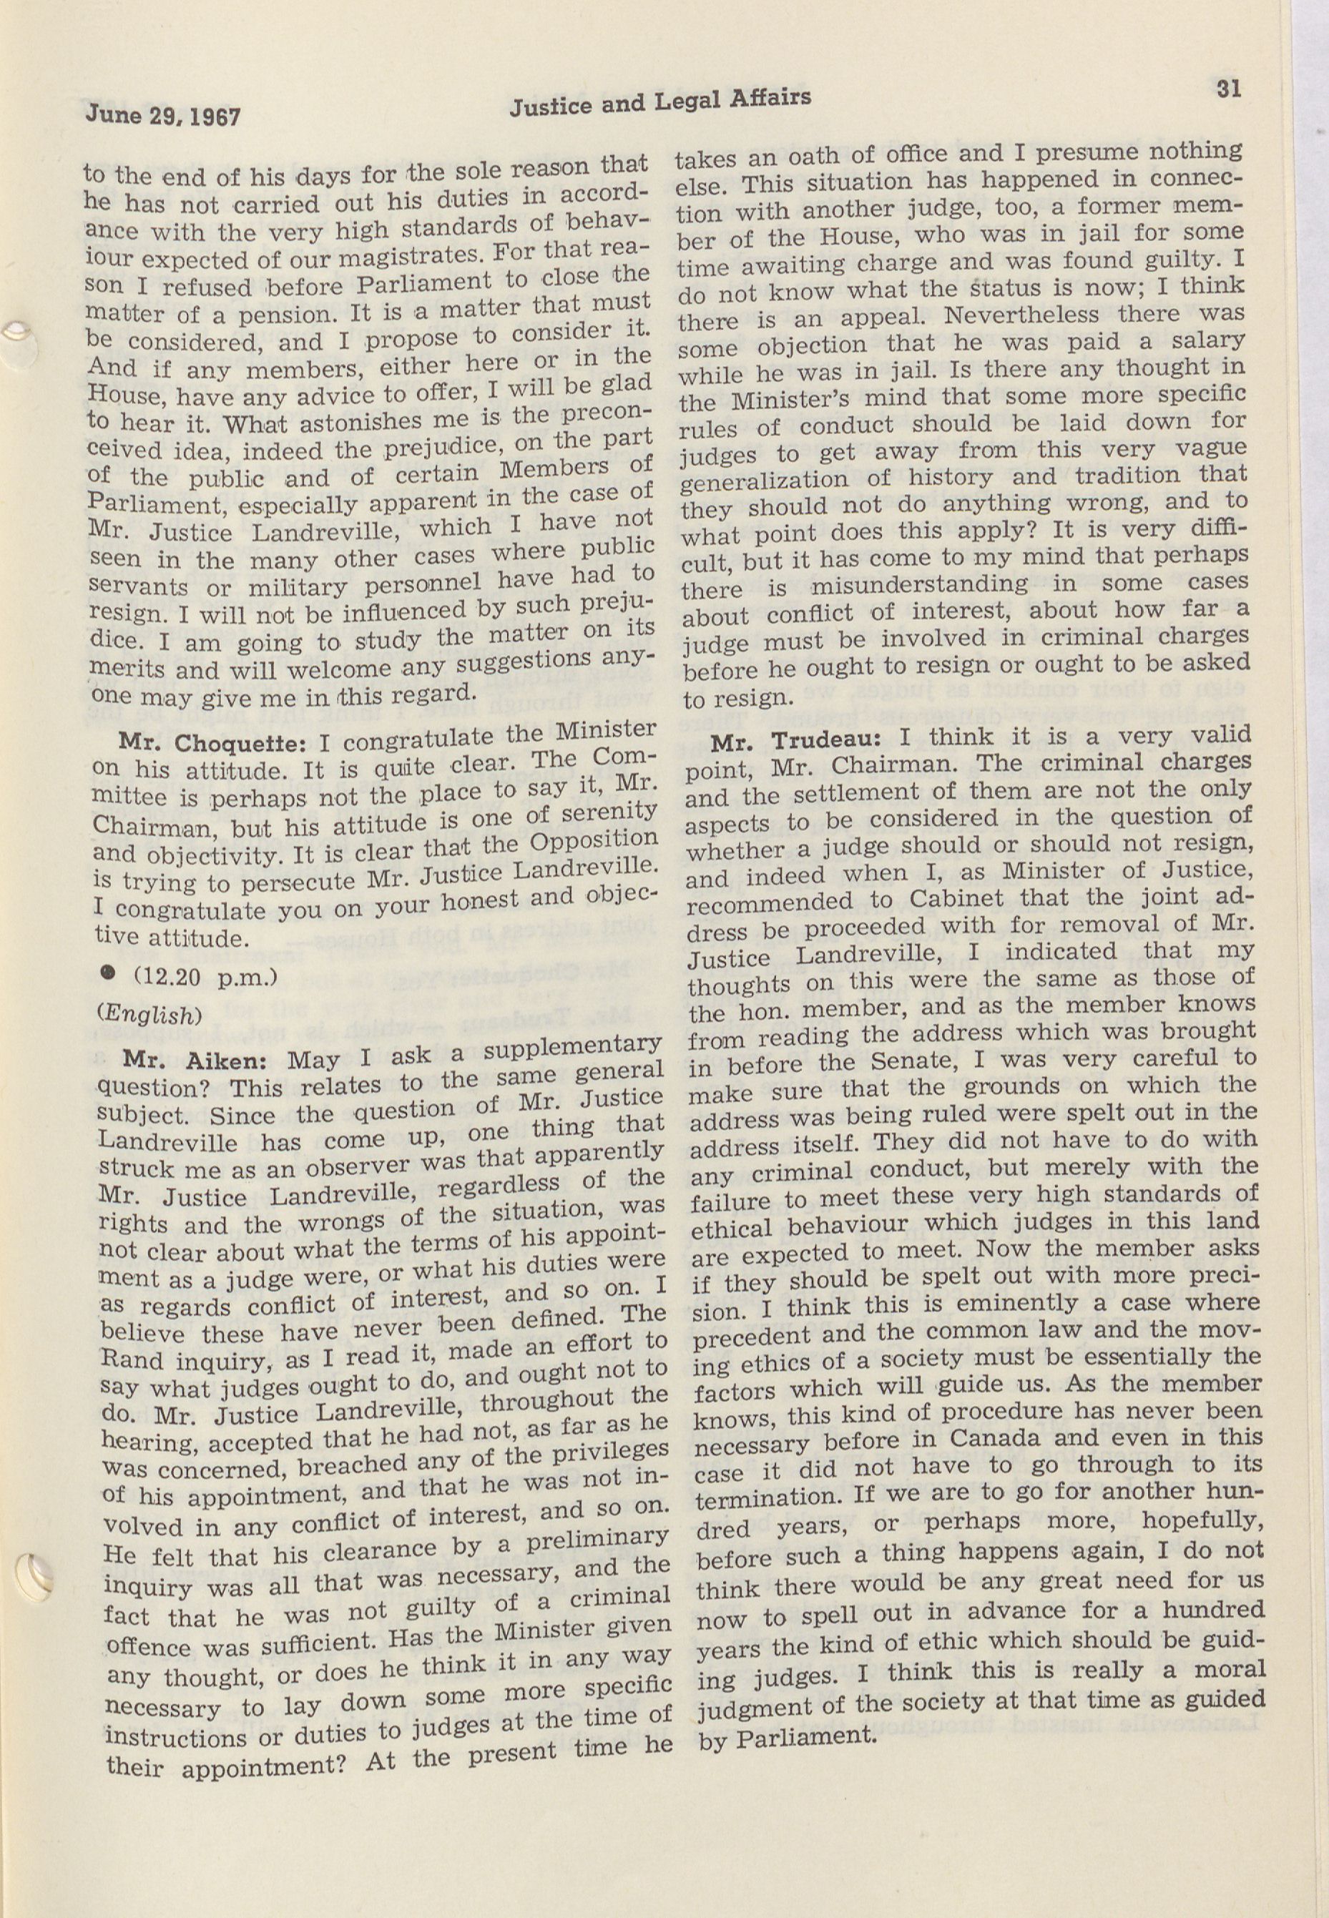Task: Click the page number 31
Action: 1228,88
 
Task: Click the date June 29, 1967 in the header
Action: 163,114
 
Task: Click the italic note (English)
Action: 150,1015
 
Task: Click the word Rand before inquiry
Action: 126,1363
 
